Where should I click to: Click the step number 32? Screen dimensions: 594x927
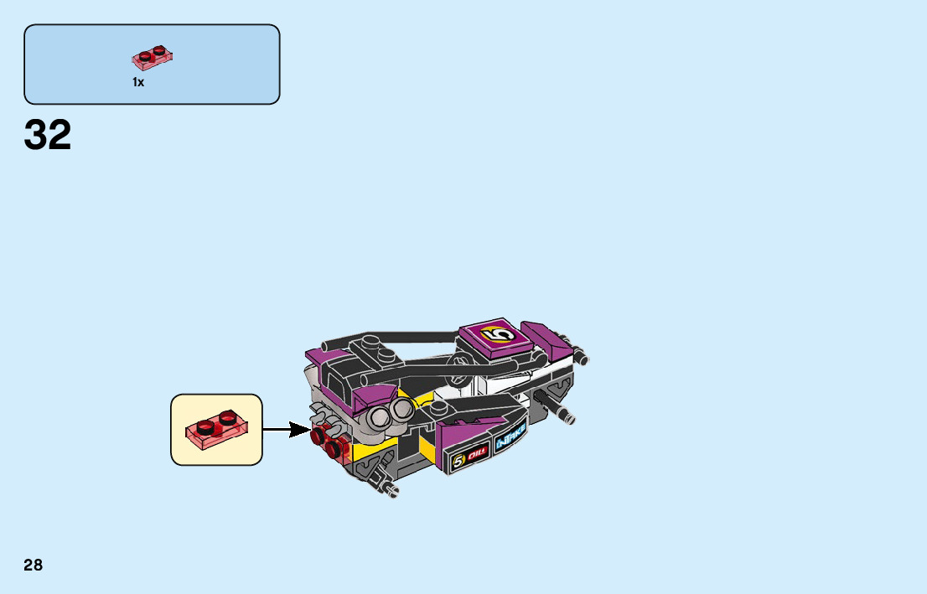48,136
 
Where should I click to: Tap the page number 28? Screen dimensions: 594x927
34,565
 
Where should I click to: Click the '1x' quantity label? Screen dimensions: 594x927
138,82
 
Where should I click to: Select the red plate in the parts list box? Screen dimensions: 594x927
153,58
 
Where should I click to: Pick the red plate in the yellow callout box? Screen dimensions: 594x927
216,428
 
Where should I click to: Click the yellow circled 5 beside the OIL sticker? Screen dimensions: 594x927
458,461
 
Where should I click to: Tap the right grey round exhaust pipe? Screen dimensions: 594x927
404,408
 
